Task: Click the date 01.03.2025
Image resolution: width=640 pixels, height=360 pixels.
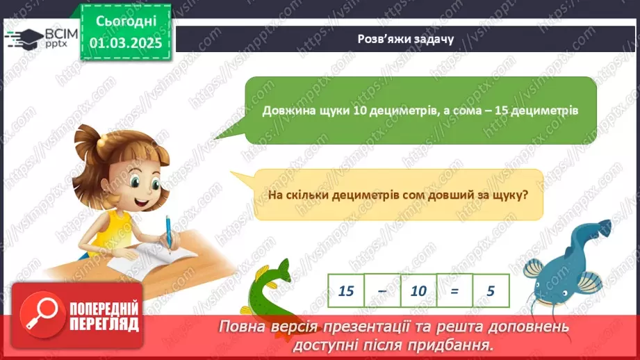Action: (x=126, y=43)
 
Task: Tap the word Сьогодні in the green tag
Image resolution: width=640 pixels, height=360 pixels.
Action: (x=126, y=22)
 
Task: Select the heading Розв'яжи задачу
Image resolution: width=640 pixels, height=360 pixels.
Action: (x=406, y=39)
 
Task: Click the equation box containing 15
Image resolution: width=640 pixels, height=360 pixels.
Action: (x=346, y=291)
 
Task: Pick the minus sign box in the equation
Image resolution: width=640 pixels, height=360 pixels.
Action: (x=382, y=291)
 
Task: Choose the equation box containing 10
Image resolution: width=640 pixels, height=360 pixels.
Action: (x=418, y=291)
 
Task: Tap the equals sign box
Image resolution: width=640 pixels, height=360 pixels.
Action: (x=454, y=291)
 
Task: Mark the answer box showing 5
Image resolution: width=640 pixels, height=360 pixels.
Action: (x=491, y=291)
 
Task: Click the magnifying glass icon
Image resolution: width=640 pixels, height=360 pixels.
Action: (x=42, y=315)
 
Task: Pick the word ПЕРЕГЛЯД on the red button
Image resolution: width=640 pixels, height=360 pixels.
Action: (x=104, y=325)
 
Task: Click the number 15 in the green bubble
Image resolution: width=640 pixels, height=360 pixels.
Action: (x=501, y=111)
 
